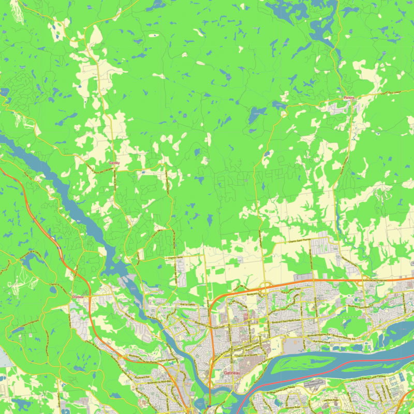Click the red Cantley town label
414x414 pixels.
click(114, 163)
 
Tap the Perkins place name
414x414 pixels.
click(350, 98)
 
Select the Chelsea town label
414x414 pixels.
click(78, 297)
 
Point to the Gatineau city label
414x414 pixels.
click(232, 373)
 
